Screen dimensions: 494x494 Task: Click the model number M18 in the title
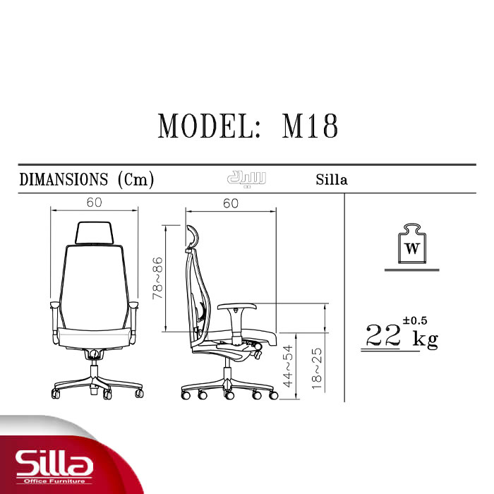[x=310, y=126]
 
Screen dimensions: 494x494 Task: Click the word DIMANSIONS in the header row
[x=64, y=179]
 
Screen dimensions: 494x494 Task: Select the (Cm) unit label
[x=135, y=180]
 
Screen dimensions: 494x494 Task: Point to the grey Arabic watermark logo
[x=247, y=179]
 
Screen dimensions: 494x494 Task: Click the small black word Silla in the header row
[x=332, y=179]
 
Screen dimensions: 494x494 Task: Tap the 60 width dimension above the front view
[x=94, y=203]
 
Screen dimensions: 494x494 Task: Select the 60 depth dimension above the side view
[x=231, y=203]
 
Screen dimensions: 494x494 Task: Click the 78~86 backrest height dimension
[x=157, y=278]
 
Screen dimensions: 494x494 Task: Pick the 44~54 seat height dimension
[x=288, y=366]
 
